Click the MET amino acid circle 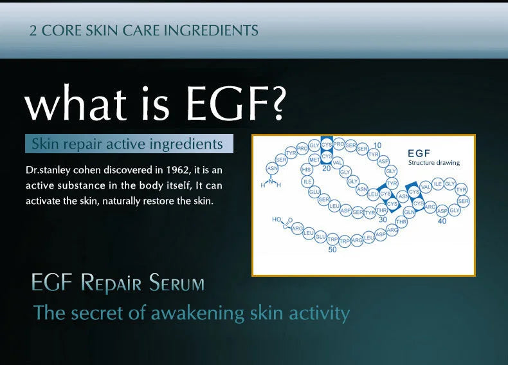pyautogui.click(x=314, y=159)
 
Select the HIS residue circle pyautogui.click(x=307, y=170)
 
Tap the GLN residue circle pyautogui.click(x=408, y=212)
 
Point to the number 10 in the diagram pyautogui.click(x=377, y=145)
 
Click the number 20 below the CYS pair pyautogui.click(x=326, y=168)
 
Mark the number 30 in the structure pyautogui.click(x=383, y=220)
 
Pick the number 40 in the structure pyautogui.click(x=442, y=221)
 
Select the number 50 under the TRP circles pyautogui.click(x=332, y=250)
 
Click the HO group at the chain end pyautogui.click(x=277, y=220)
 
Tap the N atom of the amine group pyautogui.click(x=271, y=180)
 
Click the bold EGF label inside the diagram pyautogui.click(x=419, y=153)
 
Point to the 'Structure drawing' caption pyautogui.click(x=434, y=163)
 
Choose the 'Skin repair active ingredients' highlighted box pyautogui.click(x=129, y=144)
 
